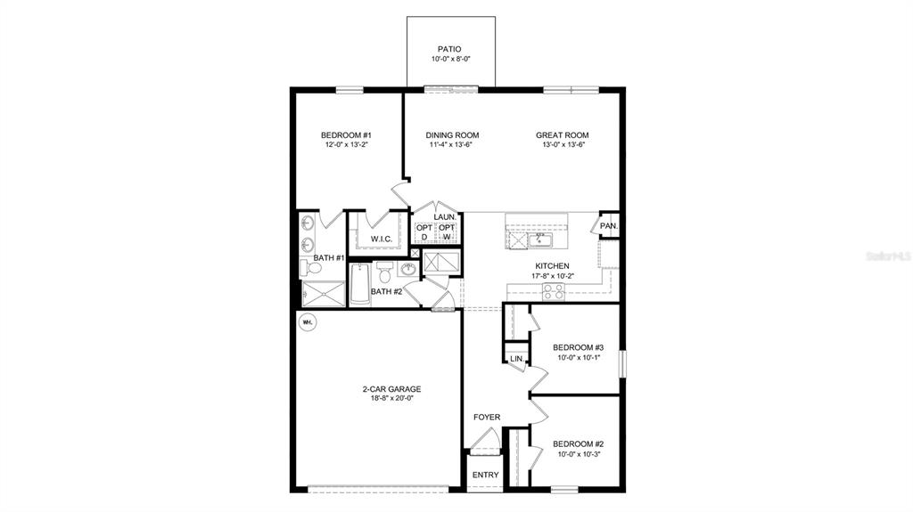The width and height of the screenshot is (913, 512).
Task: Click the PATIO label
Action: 450,49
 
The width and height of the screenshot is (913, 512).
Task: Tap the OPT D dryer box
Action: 424,232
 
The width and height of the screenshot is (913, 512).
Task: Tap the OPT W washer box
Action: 447,232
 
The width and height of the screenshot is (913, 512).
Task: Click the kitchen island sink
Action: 540,239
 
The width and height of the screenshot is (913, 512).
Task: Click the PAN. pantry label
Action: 609,226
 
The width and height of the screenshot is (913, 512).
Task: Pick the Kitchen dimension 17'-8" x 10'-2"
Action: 553,276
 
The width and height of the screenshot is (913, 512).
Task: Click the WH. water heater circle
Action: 308,321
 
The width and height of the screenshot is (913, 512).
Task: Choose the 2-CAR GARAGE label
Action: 391,389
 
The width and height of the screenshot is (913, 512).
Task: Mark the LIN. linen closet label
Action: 516,359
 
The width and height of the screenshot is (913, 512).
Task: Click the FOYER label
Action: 487,417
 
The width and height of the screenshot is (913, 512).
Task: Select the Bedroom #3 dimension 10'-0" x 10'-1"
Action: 579,358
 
